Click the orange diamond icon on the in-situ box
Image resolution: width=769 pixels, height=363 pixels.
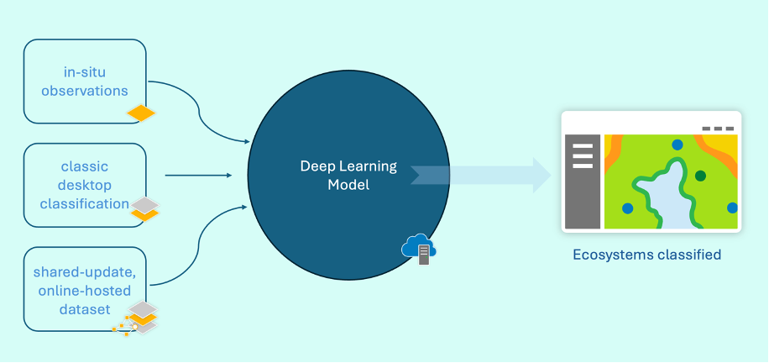pos(141,113)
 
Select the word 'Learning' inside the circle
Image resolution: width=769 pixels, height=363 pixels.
pos(369,166)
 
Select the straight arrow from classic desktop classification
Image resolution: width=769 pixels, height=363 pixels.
pos(198,176)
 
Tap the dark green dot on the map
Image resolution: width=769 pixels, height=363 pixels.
pos(700,176)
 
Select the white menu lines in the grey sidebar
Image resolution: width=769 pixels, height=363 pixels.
pos(583,156)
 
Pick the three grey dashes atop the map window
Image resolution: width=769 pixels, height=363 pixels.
pos(718,129)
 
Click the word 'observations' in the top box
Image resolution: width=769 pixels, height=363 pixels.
pos(86,90)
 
